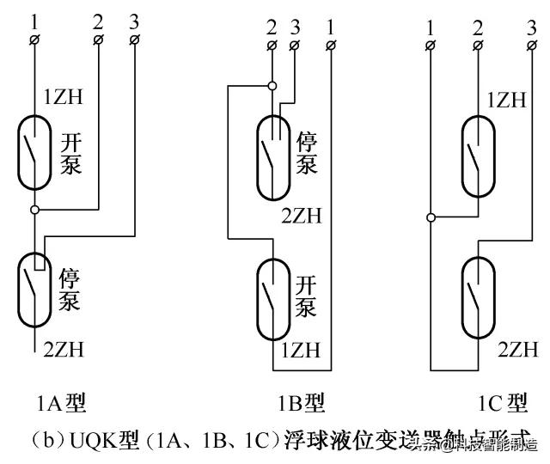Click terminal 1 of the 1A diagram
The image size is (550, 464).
34,40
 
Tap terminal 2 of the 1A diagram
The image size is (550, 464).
99,40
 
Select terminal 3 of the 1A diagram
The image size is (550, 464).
136,40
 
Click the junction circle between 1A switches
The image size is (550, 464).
34,210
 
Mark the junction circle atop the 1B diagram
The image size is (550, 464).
272,85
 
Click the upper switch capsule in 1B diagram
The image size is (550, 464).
272,153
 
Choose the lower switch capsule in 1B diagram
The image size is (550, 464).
272,296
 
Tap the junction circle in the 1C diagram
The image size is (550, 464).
431,217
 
